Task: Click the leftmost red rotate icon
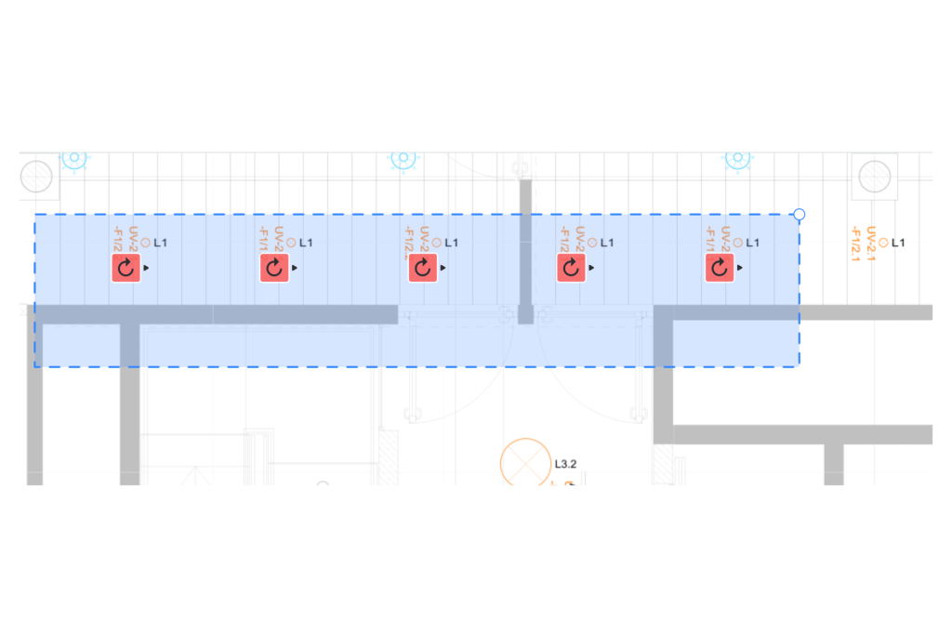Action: pos(126,269)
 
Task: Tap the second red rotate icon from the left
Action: pos(273,269)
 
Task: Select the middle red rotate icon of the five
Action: pos(423,269)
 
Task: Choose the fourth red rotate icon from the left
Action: pos(571,269)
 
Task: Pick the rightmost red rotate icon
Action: pos(720,269)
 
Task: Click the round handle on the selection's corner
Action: pos(799,215)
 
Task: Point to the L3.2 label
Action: pos(566,463)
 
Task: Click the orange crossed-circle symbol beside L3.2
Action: pos(525,463)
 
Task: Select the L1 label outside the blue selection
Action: pos(898,243)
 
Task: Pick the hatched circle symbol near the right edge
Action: pos(875,176)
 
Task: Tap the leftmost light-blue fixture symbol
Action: pos(74,158)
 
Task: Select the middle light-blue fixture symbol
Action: pos(403,158)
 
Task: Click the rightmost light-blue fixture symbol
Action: pos(737,158)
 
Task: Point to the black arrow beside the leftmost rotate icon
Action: pos(147,268)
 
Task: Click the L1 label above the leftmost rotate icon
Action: pos(161,243)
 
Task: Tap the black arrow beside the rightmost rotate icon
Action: pos(741,268)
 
